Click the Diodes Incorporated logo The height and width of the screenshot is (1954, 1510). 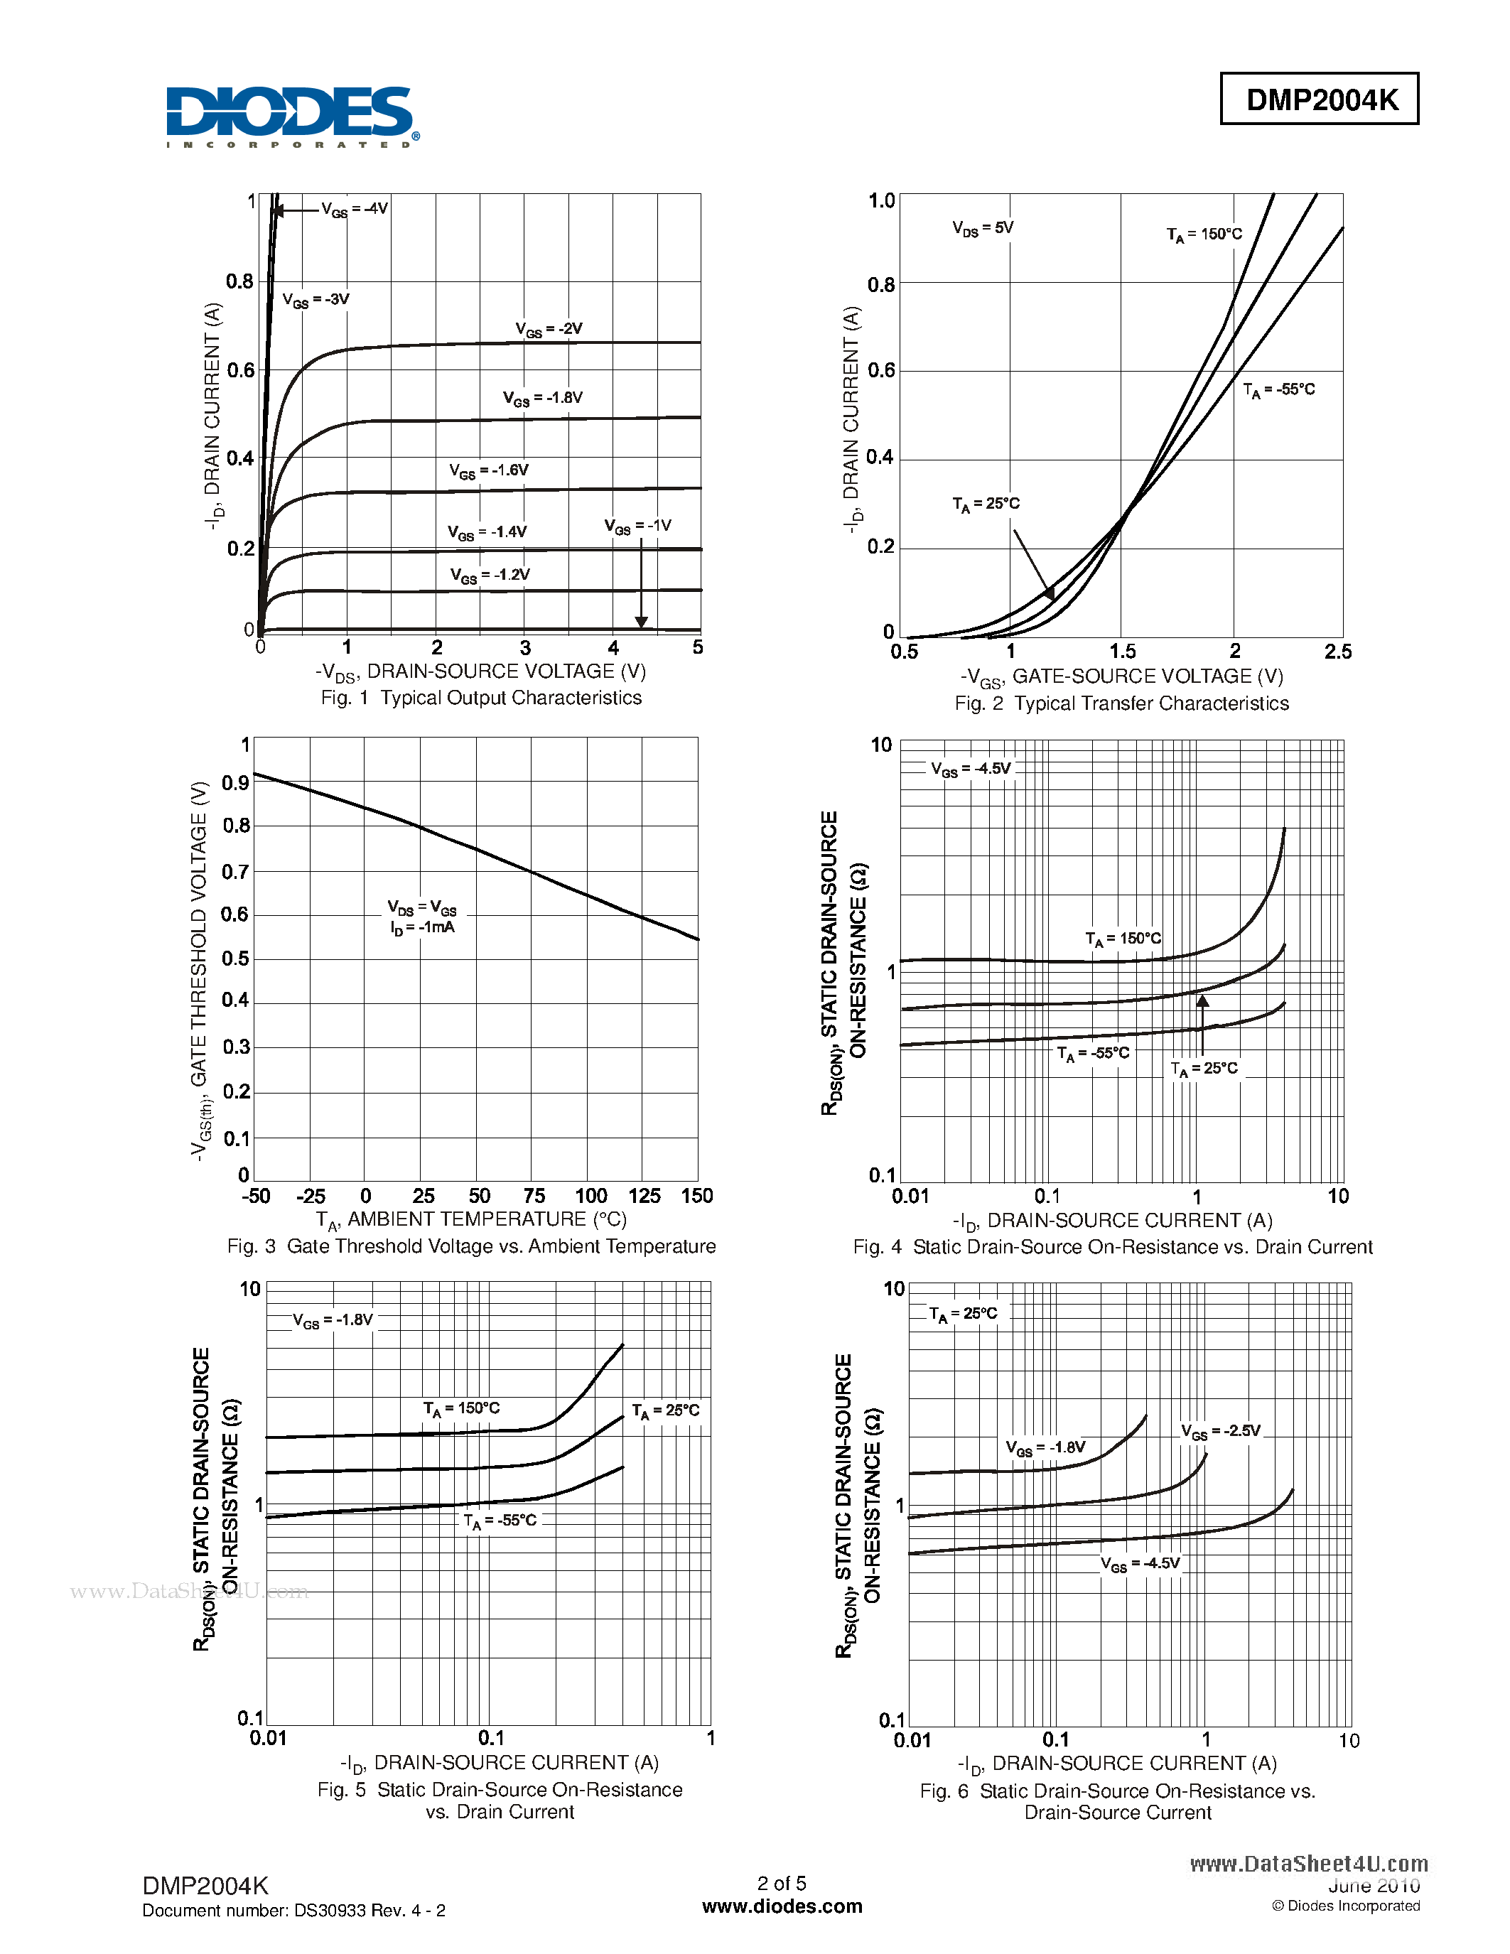point(291,117)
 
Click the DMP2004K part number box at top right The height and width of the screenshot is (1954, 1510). point(1320,99)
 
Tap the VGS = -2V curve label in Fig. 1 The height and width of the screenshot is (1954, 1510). point(549,329)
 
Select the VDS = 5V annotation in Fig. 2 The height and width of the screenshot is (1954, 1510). point(982,228)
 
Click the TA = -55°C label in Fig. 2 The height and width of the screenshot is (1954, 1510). point(1279,390)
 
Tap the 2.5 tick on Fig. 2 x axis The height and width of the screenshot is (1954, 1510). point(1337,652)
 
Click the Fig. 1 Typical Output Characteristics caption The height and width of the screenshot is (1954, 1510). point(481,698)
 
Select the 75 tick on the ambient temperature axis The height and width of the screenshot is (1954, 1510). point(534,1196)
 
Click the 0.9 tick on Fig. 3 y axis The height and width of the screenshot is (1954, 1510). point(235,783)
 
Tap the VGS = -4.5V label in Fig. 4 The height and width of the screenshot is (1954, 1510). point(971,770)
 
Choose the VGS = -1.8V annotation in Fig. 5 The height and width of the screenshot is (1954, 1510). point(333,1321)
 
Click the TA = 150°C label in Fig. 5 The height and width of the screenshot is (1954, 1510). point(462,1408)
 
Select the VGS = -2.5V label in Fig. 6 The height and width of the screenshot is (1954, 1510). point(1220,1432)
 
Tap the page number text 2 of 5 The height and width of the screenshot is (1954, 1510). point(782,1884)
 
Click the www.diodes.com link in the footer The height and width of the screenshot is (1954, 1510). point(782,1906)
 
